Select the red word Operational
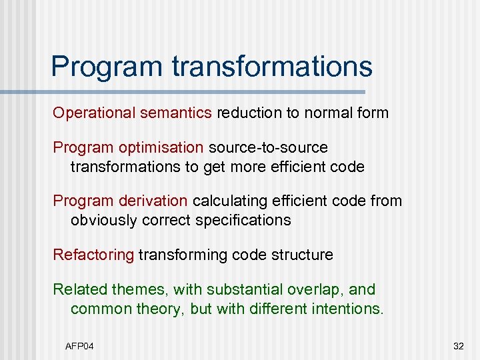[95, 113]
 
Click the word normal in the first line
[327, 113]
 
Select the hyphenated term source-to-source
[269, 147]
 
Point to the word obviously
[103, 220]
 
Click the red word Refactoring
[93, 255]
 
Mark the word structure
[301, 255]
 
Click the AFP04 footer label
[80, 345]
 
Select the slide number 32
[458, 345]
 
